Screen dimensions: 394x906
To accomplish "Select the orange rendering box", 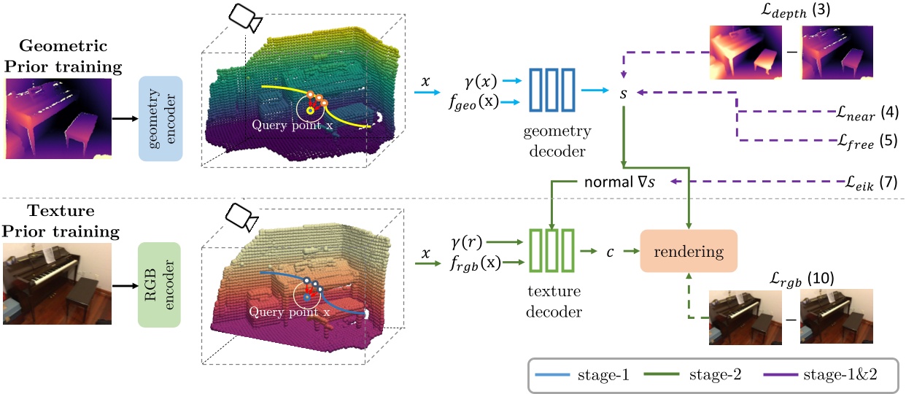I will (x=689, y=252).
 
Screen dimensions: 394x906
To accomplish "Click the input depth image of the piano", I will (x=58, y=120).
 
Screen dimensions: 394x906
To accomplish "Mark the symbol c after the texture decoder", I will (x=610, y=252).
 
